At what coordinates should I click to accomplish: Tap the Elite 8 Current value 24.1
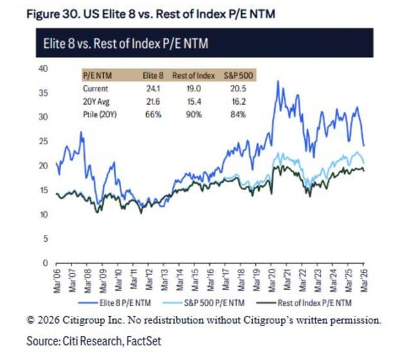tap(152, 89)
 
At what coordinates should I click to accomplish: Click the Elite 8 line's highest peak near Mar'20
tap(278, 81)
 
